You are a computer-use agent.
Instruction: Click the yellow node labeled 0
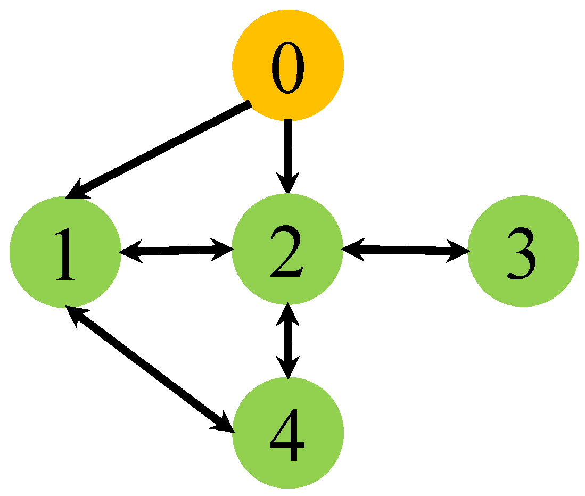[288, 65]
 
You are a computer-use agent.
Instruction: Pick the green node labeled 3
[523, 252]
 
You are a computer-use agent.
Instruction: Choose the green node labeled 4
[288, 433]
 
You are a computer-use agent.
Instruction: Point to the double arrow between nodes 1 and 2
[176, 251]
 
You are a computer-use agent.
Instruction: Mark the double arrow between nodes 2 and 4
[288, 341]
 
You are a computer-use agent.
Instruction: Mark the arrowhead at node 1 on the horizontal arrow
[131, 252]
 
